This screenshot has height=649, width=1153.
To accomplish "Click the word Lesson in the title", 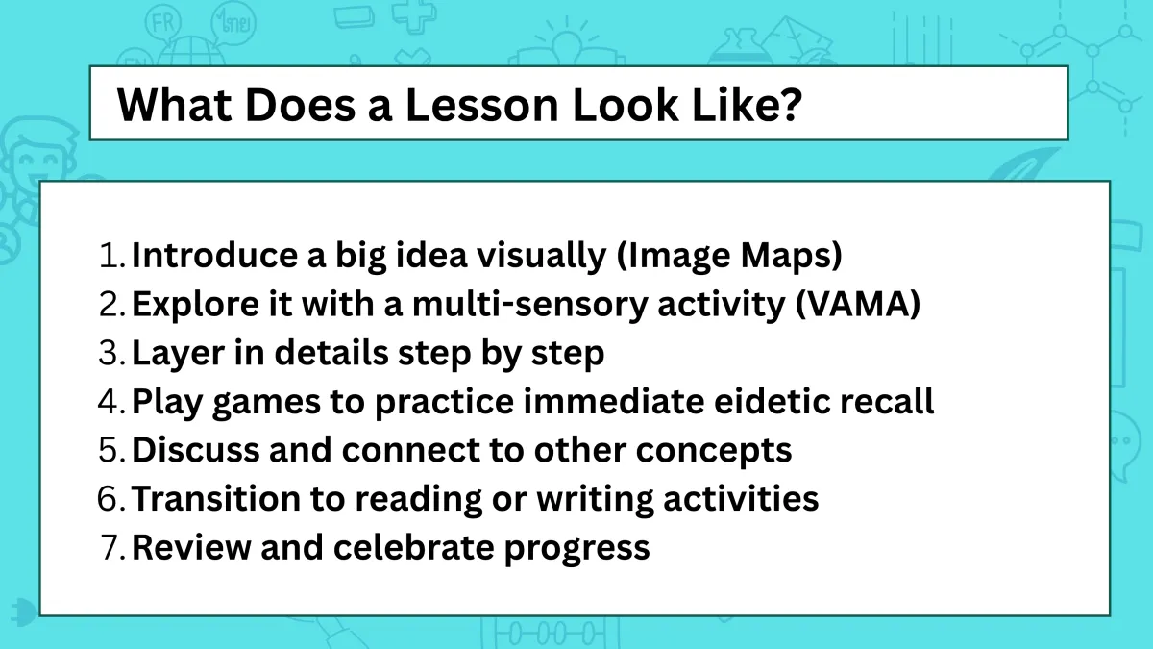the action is (481, 105).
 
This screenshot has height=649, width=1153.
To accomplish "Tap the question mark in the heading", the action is (788, 104).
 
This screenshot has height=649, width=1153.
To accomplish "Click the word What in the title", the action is (175, 105).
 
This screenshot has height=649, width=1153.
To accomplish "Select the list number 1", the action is (111, 255).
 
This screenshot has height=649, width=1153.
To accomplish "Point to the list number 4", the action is (111, 401).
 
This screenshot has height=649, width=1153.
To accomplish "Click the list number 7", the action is (111, 547).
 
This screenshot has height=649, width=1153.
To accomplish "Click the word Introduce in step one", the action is (215, 255).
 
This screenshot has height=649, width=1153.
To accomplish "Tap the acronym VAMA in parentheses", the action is (858, 304).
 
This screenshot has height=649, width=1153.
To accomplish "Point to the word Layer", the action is (178, 354).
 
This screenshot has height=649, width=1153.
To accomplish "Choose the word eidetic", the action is (773, 401).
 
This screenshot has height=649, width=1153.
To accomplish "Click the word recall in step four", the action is (888, 401).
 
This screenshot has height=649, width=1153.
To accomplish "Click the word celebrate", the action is (414, 547).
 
